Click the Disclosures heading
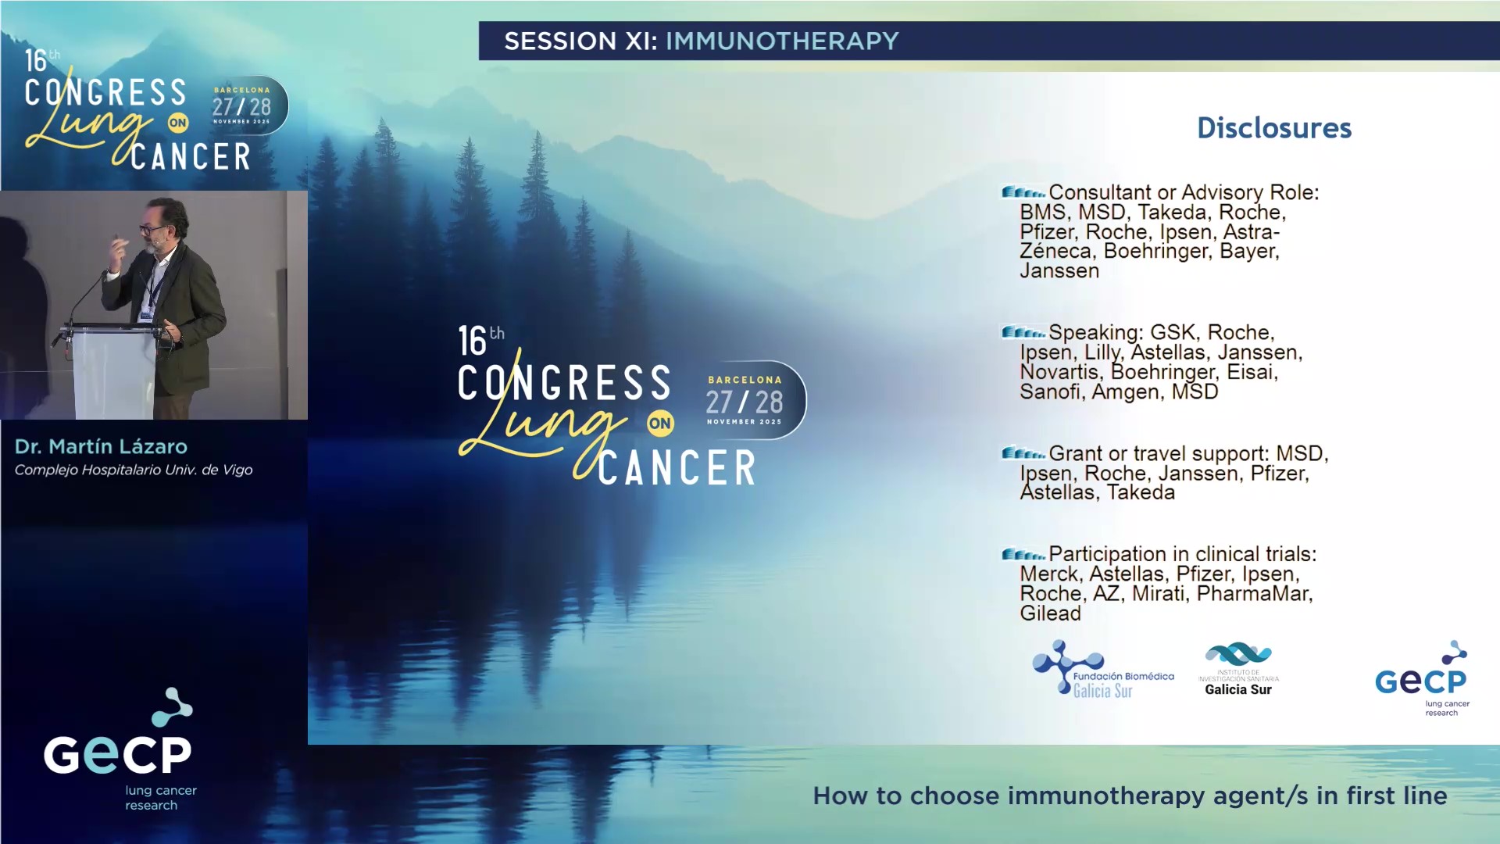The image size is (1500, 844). (x=1273, y=128)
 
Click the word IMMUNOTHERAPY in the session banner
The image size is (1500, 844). (x=781, y=41)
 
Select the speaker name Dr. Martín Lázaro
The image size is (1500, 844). (x=101, y=446)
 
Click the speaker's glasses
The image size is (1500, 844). (x=152, y=230)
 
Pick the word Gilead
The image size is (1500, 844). (x=1050, y=613)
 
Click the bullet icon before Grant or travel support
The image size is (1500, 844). (x=1023, y=453)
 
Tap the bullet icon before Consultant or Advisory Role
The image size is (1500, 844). (x=1023, y=192)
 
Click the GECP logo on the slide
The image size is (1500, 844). (x=1422, y=678)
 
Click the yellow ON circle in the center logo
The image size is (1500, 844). (x=659, y=424)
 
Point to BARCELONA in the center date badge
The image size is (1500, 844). (x=745, y=380)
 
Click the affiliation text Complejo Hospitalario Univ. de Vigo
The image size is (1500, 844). (x=134, y=470)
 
